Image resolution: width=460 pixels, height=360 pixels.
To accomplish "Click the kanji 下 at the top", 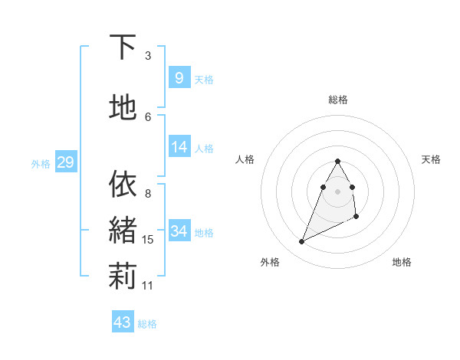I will (x=123, y=47).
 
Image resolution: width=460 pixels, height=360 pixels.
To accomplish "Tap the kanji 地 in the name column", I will (x=123, y=107).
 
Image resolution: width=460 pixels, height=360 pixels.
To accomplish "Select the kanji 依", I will (x=123, y=184).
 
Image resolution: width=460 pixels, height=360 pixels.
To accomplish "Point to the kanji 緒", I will (x=123, y=230).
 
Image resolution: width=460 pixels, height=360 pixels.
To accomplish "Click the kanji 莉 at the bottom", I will (x=123, y=277).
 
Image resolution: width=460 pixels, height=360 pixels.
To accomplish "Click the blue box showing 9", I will (x=179, y=78).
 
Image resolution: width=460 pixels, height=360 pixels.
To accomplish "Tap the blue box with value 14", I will (x=179, y=148).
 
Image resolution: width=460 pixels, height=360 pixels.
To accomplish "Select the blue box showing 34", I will (x=179, y=231).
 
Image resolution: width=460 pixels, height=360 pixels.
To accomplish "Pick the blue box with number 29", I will (x=65, y=162).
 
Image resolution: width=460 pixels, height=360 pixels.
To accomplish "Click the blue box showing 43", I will (x=123, y=322).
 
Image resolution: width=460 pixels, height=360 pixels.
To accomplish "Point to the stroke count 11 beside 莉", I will (x=148, y=286).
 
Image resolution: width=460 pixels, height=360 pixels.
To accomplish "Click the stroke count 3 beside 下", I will (x=148, y=56).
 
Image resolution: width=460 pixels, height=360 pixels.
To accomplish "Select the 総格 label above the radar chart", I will (x=338, y=100).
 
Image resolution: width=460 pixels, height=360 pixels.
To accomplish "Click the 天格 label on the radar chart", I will (x=431, y=159).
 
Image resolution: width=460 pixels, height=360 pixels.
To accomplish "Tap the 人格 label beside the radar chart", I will (x=245, y=159).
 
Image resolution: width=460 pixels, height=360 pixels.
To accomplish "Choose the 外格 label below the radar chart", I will (x=270, y=262).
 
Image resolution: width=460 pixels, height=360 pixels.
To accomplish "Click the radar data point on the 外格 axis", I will (x=301, y=242).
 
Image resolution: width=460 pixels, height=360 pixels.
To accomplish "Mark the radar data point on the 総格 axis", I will (x=338, y=161).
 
